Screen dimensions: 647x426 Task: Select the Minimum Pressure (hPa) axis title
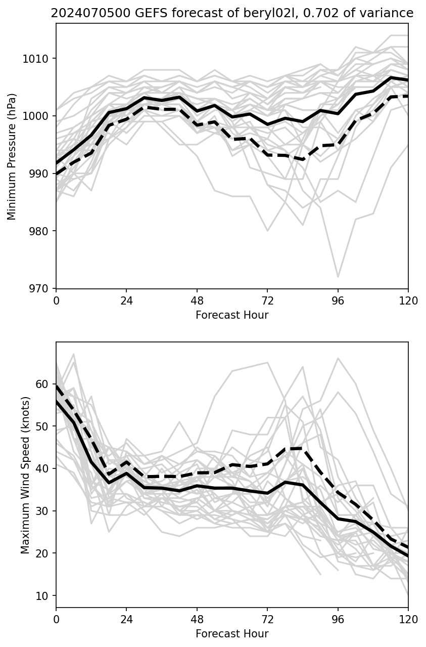[12, 156]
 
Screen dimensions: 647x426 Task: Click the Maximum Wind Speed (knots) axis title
[25, 475]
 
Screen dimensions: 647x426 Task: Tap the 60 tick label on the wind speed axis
[45, 384]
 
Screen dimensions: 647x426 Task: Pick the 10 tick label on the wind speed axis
[45, 595]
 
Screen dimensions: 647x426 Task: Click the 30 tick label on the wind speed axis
[45, 511]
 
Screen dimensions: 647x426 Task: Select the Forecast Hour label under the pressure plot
[232, 315]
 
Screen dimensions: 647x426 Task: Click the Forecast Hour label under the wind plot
[232, 634]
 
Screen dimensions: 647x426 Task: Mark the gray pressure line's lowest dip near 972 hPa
[338, 277]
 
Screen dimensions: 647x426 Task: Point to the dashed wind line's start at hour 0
[57, 386]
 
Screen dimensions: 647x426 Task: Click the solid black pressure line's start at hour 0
[57, 163]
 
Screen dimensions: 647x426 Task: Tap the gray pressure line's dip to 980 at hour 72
[267, 231]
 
